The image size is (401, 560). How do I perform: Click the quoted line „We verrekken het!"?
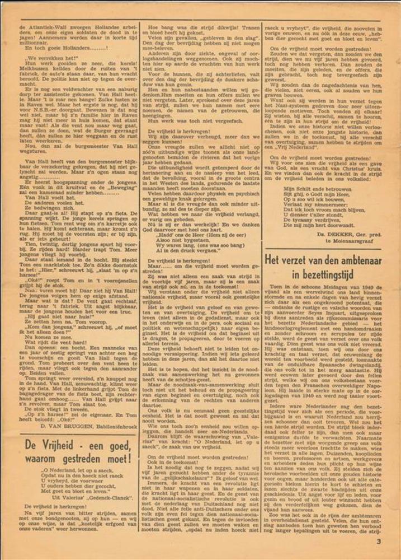coord(48,58)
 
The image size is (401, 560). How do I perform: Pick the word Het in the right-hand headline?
coord(274,261)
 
